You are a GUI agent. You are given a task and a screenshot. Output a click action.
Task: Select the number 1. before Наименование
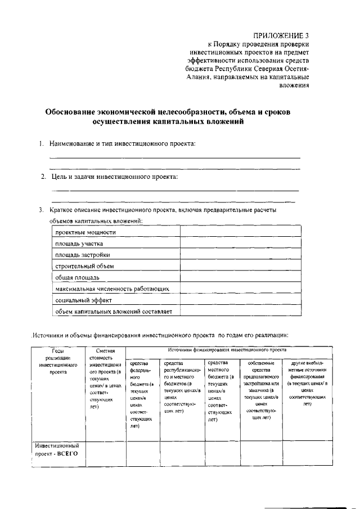point(42,145)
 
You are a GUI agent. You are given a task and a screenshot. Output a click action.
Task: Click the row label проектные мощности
point(85,232)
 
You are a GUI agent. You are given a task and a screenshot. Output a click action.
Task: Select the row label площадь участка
point(79,244)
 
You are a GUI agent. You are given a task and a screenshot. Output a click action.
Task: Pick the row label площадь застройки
point(82,255)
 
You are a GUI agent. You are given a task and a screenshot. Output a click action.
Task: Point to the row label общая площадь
point(78,277)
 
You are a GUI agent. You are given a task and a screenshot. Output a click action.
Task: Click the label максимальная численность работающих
point(112,289)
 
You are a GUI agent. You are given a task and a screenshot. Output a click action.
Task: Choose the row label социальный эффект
point(81,300)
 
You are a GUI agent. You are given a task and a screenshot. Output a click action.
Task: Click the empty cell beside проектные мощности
point(240,232)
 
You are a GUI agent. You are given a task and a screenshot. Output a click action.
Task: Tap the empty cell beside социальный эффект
point(240,300)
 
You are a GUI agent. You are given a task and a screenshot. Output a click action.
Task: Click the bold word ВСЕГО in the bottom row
point(67,453)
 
